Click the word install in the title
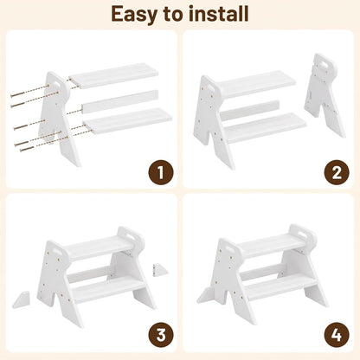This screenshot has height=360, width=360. tap(220, 14)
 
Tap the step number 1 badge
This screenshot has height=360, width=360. tap(161, 172)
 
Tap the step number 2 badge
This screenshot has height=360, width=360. tap(337, 172)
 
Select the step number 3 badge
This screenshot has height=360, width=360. tap(161, 335)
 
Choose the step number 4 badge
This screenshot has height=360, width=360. tap(337, 335)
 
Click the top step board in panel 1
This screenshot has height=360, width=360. tap(113, 76)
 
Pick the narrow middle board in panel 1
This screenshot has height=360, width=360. tap(120, 101)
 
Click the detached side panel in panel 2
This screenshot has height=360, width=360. tap(325, 94)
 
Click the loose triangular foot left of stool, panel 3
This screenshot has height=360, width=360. tap(21, 300)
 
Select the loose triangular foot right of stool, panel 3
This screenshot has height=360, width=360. tap(160, 270)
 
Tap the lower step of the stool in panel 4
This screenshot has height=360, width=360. tap(279, 286)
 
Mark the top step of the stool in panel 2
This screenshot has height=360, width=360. tap(256, 84)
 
